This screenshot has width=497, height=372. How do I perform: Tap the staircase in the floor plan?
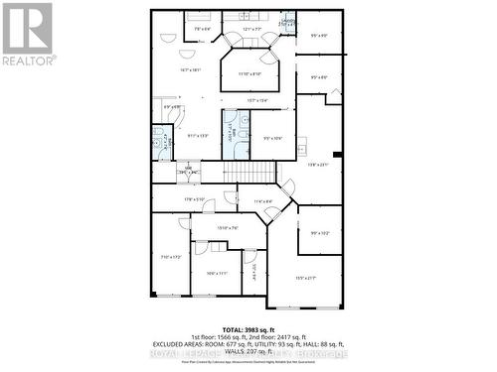pyautogui.click(x=248, y=174)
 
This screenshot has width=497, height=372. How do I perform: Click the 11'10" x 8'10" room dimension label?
pyautogui.click(x=249, y=74)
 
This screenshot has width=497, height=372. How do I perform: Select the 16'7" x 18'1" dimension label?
pyautogui.click(x=191, y=69)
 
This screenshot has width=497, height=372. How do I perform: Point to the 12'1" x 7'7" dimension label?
pyautogui.click(x=252, y=29)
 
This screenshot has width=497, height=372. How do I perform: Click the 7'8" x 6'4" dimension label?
pyautogui.click(x=203, y=29)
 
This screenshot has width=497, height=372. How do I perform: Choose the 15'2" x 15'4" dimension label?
pyautogui.click(x=257, y=100)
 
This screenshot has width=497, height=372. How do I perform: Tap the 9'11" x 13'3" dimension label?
pyautogui.click(x=198, y=136)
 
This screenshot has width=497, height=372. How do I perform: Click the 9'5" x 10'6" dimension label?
pyautogui.click(x=273, y=137)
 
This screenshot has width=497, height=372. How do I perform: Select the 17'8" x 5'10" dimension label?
pyautogui.click(x=195, y=199)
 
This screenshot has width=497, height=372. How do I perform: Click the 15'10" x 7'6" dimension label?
pyautogui.click(x=228, y=227)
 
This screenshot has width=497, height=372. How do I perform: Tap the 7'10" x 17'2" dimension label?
pyautogui.click(x=171, y=257)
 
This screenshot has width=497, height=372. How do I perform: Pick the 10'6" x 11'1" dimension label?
pyautogui.click(x=217, y=273)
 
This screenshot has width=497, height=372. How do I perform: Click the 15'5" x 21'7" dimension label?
pyautogui.click(x=307, y=278)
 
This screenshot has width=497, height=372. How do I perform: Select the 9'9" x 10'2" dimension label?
pyautogui.click(x=320, y=233)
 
